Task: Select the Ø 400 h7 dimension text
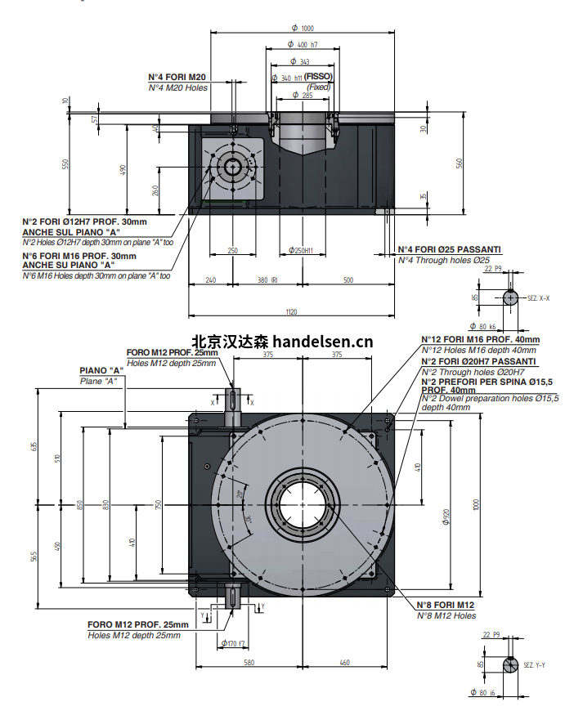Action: (303, 45)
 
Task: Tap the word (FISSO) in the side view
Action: (318, 78)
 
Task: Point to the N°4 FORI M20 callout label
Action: (177, 77)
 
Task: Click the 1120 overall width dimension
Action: (291, 311)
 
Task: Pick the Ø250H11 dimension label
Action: (302, 250)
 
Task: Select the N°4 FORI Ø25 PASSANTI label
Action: (449, 249)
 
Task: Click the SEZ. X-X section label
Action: (536, 299)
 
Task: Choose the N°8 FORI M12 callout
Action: (446, 605)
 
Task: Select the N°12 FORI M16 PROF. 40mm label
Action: (480, 339)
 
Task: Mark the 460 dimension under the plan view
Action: (344, 662)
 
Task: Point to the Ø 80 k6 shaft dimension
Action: (488, 326)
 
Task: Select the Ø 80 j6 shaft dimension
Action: (488, 693)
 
